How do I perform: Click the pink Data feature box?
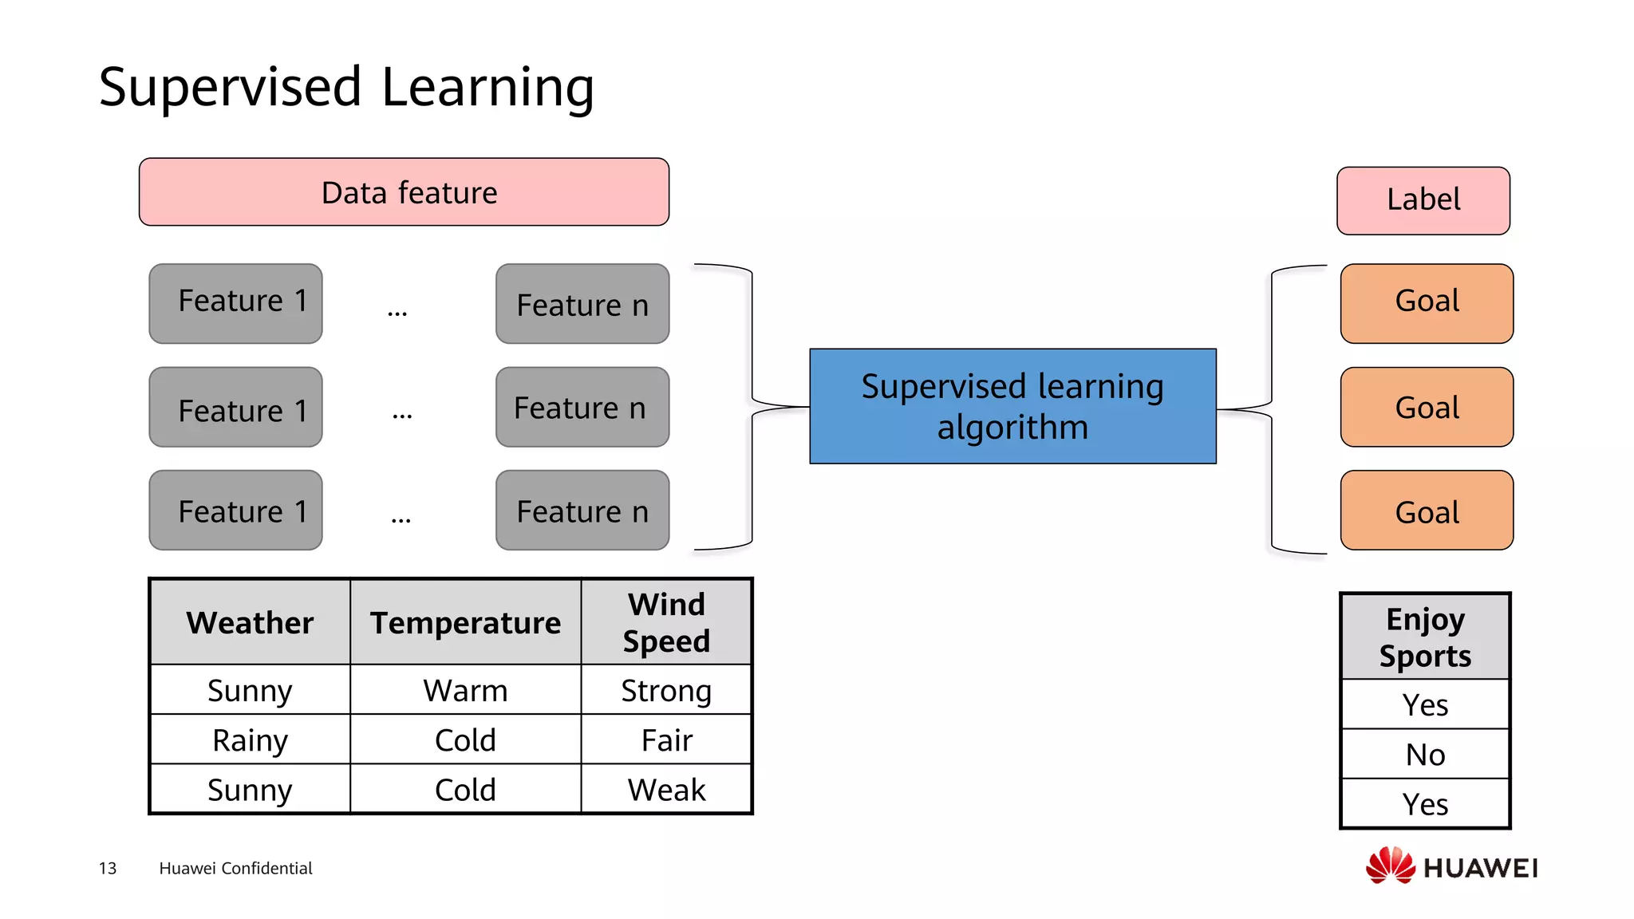pos(404,192)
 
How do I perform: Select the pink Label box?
pos(1423,200)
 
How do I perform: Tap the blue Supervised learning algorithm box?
pos(1012,406)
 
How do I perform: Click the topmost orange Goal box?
pos(1427,303)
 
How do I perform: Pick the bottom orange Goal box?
pos(1427,511)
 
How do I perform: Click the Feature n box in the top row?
pos(582,304)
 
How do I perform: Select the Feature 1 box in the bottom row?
pos(235,511)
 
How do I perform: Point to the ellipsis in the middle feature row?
pos(402,414)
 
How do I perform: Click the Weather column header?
pos(250,622)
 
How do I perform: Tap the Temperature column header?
pos(465,622)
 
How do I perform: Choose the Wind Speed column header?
pos(666,622)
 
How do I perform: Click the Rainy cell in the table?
pos(250,740)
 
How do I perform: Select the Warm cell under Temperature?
pos(465,691)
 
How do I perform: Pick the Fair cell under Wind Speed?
pos(666,740)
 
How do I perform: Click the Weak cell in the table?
pos(666,790)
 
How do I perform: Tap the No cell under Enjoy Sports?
pos(1425,755)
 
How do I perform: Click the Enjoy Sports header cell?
pos(1425,637)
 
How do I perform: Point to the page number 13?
pos(108,868)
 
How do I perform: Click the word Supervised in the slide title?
pos(231,87)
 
